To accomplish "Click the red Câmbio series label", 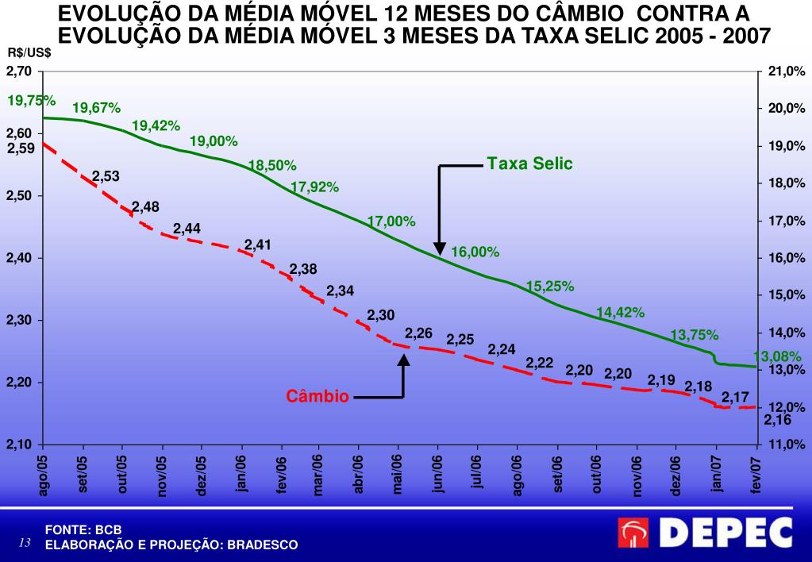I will pyautogui.click(x=317, y=396).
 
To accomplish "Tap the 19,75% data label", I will pyautogui.click(x=31, y=101).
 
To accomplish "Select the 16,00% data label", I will pyautogui.click(x=475, y=252).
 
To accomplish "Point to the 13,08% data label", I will pyautogui.click(x=777, y=356).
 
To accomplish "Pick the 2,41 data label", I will pyautogui.click(x=258, y=244).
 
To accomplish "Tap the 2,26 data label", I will pyautogui.click(x=418, y=333).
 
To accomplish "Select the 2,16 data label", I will pyautogui.click(x=778, y=420).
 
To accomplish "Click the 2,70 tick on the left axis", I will pyautogui.click(x=19, y=71).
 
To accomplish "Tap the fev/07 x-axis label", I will pyautogui.click(x=756, y=475).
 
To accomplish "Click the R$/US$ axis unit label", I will pyautogui.click(x=29, y=52).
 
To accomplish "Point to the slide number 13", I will pyautogui.click(x=24, y=544).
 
